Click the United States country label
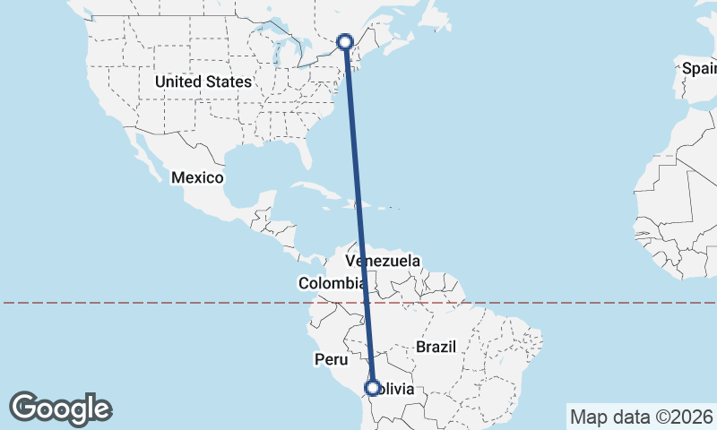(x=203, y=82)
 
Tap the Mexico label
(x=197, y=177)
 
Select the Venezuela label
(x=384, y=261)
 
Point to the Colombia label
(x=332, y=283)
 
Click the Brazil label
(x=436, y=346)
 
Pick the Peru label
(x=330, y=359)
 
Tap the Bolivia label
(x=394, y=389)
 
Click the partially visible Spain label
(x=699, y=68)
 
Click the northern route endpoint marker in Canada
(x=346, y=41)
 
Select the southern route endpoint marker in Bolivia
(x=372, y=388)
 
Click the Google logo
(x=61, y=408)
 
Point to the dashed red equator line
(x=179, y=303)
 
